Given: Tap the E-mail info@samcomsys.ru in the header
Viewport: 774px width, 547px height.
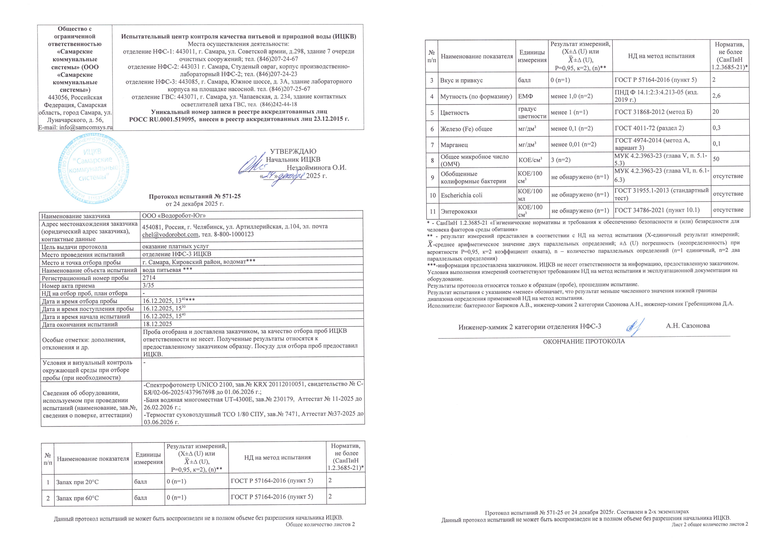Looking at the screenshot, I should point(75,127).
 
